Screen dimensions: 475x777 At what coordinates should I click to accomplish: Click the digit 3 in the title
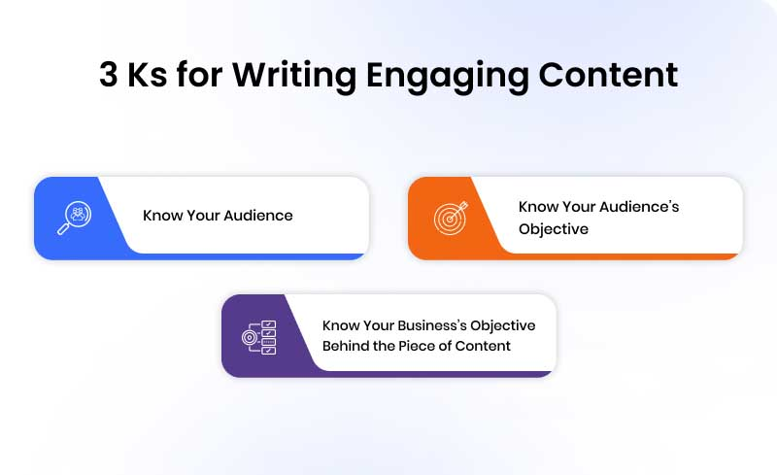[110, 76]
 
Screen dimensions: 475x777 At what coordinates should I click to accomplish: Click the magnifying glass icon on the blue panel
[75, 218]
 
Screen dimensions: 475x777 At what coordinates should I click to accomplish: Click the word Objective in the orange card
[553, 229]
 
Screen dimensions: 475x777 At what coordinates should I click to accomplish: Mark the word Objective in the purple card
[502, 325]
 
